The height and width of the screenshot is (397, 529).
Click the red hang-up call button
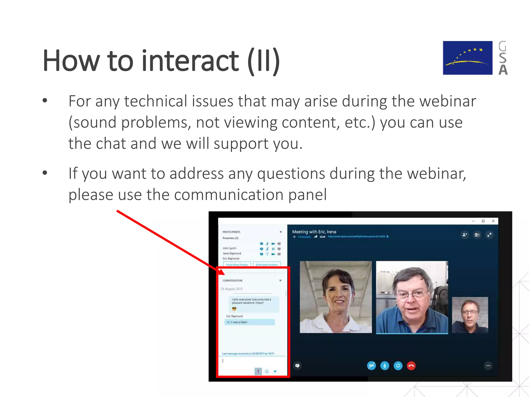point(411,366)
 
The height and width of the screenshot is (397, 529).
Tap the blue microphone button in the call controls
point(385,366)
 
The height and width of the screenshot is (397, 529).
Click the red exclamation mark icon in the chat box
point(258,371)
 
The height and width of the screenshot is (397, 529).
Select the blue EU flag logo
point(468,58)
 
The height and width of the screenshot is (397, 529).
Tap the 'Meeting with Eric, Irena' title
point(314,232)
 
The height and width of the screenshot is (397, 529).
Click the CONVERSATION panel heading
point(232,280)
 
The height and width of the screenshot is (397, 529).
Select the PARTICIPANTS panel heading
point(231,232)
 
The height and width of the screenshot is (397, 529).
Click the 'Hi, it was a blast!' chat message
point(237,322)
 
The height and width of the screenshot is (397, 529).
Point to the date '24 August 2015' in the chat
point(232,289)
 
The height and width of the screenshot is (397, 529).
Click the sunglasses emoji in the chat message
point(234,309)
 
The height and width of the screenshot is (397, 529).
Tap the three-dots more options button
point(488,366)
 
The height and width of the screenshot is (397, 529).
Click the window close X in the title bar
point(493,221)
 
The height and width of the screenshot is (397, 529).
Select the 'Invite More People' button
point(237,264)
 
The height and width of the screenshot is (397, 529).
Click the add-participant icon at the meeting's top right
point(465,235)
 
